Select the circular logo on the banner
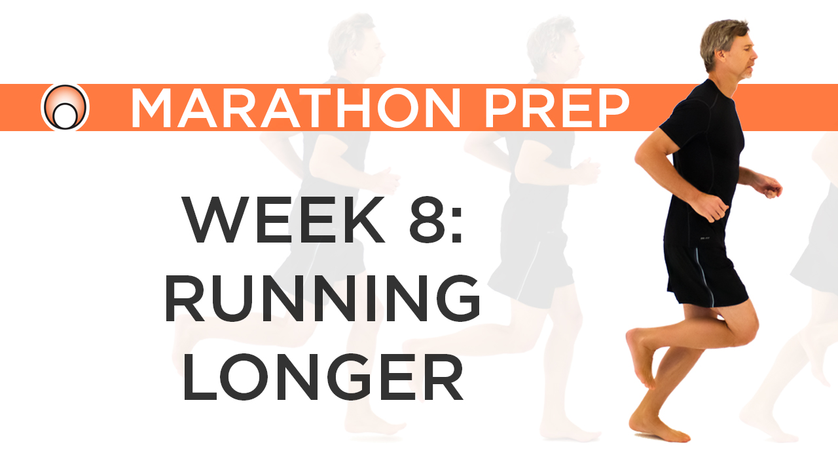click(65, 108)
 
